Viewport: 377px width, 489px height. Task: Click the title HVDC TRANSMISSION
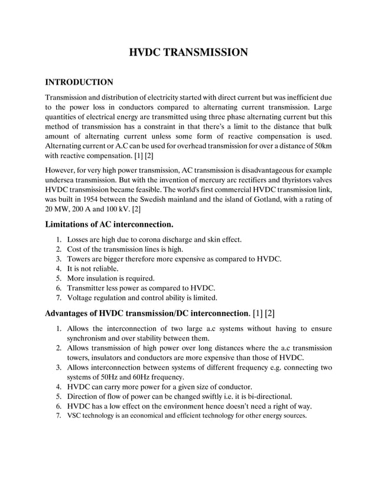pos(188,53)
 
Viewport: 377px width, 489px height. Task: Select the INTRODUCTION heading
pos(79,82)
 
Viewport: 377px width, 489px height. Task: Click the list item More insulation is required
pos(111,278)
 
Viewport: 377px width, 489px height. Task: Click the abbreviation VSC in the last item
pos(75,416)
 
